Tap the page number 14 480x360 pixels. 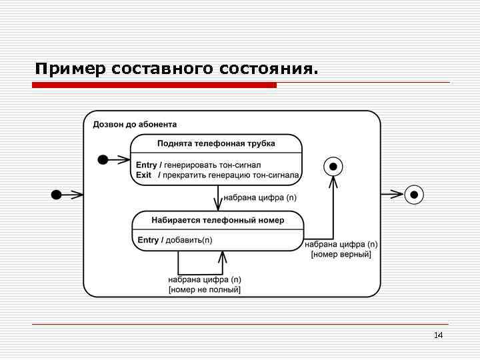pos(438,335)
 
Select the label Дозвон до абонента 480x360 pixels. pos(135,124)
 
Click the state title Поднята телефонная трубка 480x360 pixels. pos(216,143)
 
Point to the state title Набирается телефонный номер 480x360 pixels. pos(218,220)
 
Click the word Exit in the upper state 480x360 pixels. pos(144,175)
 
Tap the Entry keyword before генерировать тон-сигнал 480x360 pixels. pos(147,165)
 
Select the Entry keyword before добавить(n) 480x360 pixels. pos(148,240)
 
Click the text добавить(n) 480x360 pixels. pos(189,240)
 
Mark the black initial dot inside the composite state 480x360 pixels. pos(103,159)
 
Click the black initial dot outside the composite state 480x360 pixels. pos(57,195)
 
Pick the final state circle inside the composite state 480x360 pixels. pos(333,165)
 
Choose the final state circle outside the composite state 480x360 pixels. pos(415,195)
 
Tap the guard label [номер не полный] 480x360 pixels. pos(205,289)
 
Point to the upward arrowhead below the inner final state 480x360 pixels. pos(333,183)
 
